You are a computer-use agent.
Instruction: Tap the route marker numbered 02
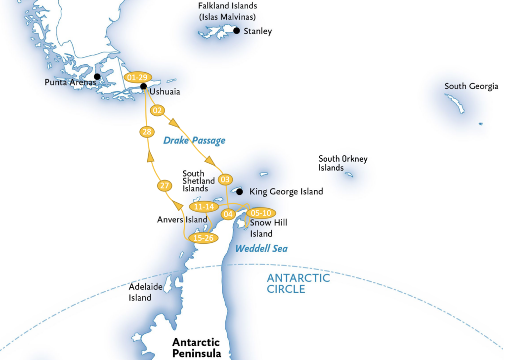pyautogui.click(x=157, y=111)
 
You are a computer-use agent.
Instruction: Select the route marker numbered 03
pyautogui.click(x=225, y=179)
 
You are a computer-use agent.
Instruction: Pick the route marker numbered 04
pyautogui.click(x=228, y=214)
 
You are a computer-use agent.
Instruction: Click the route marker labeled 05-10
pyautogui.click(x=261, y=213)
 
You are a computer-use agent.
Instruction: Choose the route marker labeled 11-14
pyautogui.click(x=204, y=207)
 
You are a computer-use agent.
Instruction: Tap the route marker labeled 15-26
pyautogui.click(x=204, y=237)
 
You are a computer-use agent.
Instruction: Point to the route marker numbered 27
pyautogui.click(x=165, y=186)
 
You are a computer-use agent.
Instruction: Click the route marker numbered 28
pyautogui.click(x=146, y=132)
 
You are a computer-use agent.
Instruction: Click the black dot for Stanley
pyautogui.click(x=237, y=31)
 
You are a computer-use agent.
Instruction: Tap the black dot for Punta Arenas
pyautogui.click(x=97, y=77)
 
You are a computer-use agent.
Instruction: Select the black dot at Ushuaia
pyautogui.click(x=143, y=87)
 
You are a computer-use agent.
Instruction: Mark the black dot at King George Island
pyautogui.click(x=240, y=191)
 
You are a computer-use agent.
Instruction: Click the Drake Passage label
pyautogui.click(x=194, y=140)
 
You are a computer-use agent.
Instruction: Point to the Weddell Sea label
pyautogui.click(x=261, y=248)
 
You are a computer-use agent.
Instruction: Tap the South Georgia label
pyautogui.click(x=471, y=87)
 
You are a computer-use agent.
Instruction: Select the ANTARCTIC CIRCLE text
pyautogui.click(x=298, y=283)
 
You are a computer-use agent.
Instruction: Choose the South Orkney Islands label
pyautogui.click(x=343, y=163)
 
